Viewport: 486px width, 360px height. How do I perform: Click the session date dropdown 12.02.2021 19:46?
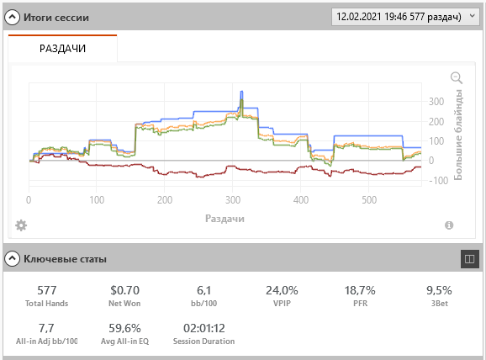click(x=405, y=17)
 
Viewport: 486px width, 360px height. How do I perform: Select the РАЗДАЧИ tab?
click(x=62, y=49)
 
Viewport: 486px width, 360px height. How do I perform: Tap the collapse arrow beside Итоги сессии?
click(x=12, y=18)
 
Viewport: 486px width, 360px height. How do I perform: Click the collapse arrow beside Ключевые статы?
click(x=12, y=258)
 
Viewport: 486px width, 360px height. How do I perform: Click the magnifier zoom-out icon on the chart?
click(x=457, y=77)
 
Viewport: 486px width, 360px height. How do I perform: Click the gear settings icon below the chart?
click(x=21, y=225)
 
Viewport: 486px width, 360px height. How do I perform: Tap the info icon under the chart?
click(x=449, y=225)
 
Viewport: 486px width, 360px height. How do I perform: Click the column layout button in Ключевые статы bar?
click(x=469, y=258)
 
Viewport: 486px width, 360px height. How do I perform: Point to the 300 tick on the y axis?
click(x=436, y=102)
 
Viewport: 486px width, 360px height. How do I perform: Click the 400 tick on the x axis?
click(x=301, y=200)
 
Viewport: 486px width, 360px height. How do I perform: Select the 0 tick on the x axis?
click(x=29, y=200)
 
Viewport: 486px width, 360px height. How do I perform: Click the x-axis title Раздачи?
click(x=225, y=219)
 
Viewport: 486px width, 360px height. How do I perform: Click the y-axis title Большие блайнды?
click(x=458, y=135)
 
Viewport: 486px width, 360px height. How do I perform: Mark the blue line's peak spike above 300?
click(x=242, y=92)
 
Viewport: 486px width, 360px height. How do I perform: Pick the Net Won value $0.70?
click(x=125, y=290)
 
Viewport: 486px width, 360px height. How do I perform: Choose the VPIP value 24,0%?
click(x=282, y=290)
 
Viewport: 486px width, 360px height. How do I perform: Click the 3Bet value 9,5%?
click(x=439, y=290)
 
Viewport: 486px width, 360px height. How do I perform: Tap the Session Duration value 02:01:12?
click(x=204, y=328)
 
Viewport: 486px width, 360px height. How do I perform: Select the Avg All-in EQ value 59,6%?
click(x=124, y=328)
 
